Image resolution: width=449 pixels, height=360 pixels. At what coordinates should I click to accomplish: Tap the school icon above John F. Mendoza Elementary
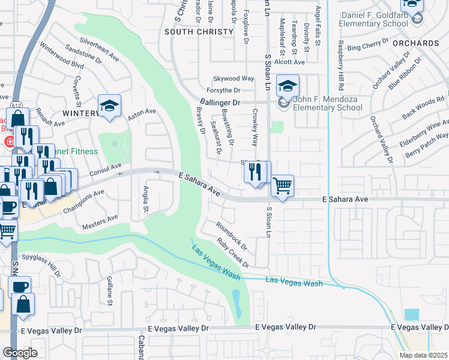(288, 86)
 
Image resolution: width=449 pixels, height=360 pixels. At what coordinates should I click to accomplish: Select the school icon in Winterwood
(110, 106)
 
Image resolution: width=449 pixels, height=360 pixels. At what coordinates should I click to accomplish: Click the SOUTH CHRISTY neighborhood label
(199, 31)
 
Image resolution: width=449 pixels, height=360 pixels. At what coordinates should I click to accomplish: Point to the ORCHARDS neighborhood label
(416, 43)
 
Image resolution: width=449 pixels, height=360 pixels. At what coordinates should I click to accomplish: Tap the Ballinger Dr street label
(220, 103)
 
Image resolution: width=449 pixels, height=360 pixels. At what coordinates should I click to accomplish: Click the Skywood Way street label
(234, 79)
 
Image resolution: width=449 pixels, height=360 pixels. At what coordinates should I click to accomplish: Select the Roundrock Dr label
(232, 234)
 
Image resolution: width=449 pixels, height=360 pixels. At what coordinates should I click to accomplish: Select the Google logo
(20, 353)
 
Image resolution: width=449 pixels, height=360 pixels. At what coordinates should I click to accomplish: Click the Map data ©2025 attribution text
(423, 355)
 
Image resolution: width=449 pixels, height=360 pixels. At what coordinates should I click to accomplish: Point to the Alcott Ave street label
(289, 62)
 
